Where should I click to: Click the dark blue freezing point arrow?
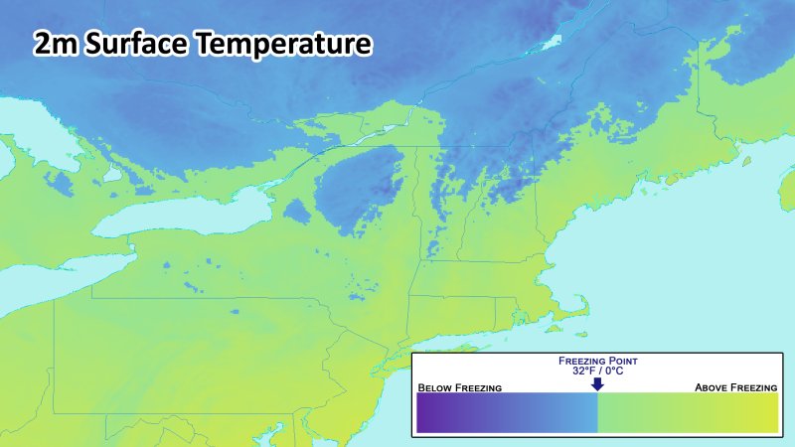click(x=596, y=384)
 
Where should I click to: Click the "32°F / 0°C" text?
click(x=596, y=371)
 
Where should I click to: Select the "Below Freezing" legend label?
click(x=459, y=386)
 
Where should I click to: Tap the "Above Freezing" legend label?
click(x=735, y=386)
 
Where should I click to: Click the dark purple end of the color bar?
click(x=427, y=412)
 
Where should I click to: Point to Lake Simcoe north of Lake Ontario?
click(x=113, y=174)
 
